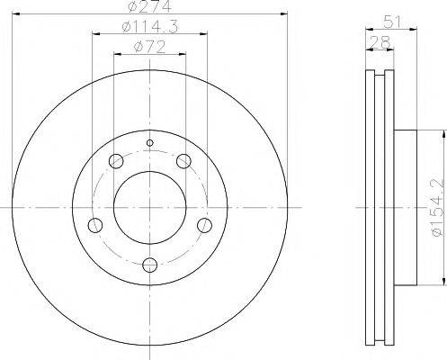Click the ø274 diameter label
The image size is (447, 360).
(x=148, y=7)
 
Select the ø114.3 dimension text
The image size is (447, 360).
(x=148, y=28)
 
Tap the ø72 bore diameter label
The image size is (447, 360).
(x=148, y=47)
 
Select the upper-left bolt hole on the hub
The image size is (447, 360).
(x=115, y=162)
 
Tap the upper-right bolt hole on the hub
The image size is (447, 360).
(x=184, y=162)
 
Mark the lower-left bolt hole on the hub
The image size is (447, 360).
(x=94, y=225)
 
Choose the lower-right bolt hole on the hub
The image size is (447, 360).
(x=205, y=225)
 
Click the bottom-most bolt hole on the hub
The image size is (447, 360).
(x=150, y=265)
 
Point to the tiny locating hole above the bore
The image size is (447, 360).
(x=150, y=143)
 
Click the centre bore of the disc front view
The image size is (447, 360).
(x=150, y=206)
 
